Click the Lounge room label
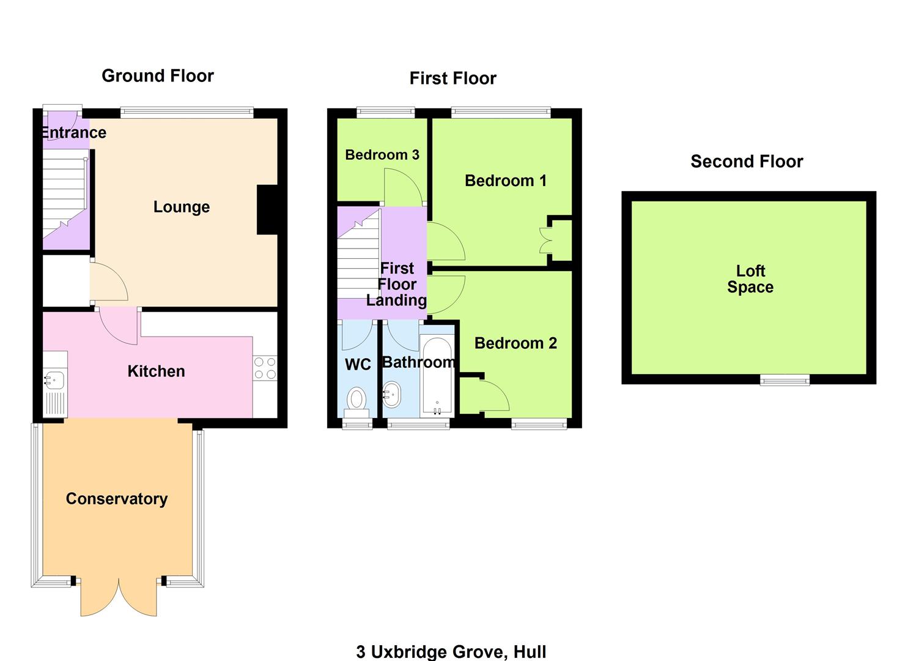pyautogui.click(x=182, y=207)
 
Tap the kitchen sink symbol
pyautogui.click(x=54, y=381)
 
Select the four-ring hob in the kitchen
pyautogui.click(x=265, y=368)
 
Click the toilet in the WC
pyautogui.click(x=356, y=399)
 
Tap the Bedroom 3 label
pyautogui.click(x=382, y=155)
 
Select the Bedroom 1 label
pyautogui.click(x=506, y=181)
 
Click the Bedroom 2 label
pyautogui.click(x=515, y=343)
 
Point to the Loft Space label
pyautogui.click(x=750, y=279)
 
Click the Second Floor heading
pyautogui.click(x=747, y=162)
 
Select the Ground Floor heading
pyautogui.click(x=158, y=76)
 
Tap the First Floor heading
pyautogui.click(x=452, y=78)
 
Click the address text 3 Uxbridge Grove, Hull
pyautogui.click(x=451, y=652)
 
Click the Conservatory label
pyautogui.click(x=117, y=499)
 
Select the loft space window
pyautogui.click(x=784, y=380)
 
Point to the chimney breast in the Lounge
pyautogui.click(x=267, y=209)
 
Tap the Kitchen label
pyautogui.click(x=156, y=371)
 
